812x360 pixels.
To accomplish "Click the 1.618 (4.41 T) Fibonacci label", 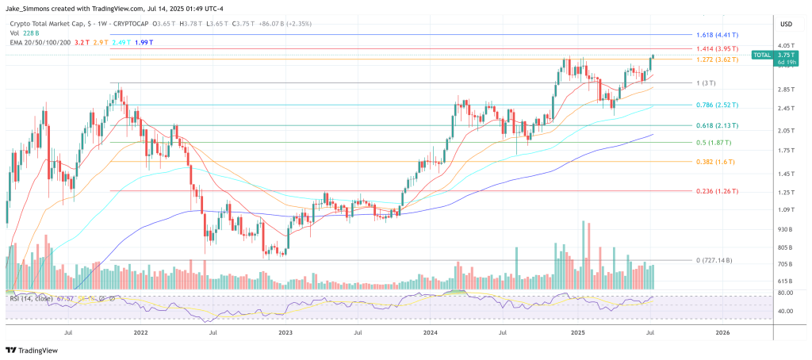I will [x=715, y=36].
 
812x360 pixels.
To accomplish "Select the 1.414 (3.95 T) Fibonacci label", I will [x=715, y=49].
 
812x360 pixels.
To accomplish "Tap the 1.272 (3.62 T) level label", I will [x=715, y=59].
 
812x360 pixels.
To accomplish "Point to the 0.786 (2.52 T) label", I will [x=715, y=105].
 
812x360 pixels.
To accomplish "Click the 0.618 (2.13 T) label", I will [x=715, y=125].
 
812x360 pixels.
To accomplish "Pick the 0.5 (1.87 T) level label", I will [x=712, y=143].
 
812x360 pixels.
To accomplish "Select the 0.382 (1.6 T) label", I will [x=712, y=162].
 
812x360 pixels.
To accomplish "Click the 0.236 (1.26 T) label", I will [x=715, y=191].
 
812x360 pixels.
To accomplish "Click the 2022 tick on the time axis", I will [x=141, y=334].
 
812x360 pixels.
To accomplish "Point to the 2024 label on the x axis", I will [x=431, y=334].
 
